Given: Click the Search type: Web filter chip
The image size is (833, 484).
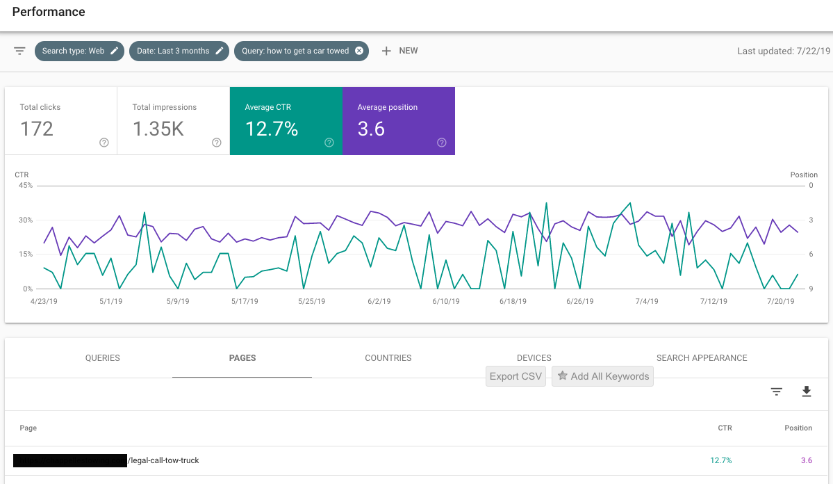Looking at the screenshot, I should click(x=79, y=51).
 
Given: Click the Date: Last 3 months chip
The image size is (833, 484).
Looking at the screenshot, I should click(x=179, y=51).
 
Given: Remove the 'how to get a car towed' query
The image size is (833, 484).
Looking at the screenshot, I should click(x=359, y=51).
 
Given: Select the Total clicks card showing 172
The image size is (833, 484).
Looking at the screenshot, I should click(x=61, y=120).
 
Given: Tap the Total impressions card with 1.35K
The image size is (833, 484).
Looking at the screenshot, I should click(x=174, y=120).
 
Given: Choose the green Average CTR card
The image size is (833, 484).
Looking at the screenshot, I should click(x=286, y=120).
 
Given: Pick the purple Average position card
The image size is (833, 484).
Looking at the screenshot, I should click(x=398, y=120).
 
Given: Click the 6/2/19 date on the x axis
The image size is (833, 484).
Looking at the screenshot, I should click(x=379, y=301).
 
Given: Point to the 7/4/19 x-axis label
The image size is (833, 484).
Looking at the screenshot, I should click(x=646, y=301).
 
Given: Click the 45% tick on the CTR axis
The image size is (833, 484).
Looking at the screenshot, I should click(x=25, y=186).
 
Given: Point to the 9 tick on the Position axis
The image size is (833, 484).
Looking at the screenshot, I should click(x=811, y=289).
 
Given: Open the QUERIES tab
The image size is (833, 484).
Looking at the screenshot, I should click(x=103, y=358).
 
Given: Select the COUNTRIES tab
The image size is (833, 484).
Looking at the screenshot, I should click(x=388, y=358).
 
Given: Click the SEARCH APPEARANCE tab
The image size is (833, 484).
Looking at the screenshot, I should click(x=702, y=358).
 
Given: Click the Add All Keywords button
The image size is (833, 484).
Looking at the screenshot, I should click(x=602, y=376).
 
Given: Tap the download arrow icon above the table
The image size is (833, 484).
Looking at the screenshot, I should click(x=807, y=392).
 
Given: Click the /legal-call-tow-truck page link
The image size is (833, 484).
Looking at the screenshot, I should click(x=164, y=460).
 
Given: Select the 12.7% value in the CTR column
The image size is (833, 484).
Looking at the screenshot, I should click(x=720, y=460).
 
